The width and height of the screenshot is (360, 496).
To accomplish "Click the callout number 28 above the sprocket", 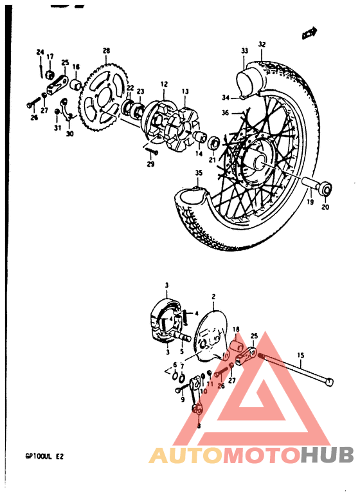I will pyautogui.click(x=106, y=50).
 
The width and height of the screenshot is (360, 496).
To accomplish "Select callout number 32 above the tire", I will pyautogui.click(x=262, y=44).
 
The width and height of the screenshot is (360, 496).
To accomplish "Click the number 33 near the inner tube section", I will pyautogui.click(x=244, y=50).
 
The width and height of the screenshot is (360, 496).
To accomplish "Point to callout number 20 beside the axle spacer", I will pyautogui.click(x=325, y=207).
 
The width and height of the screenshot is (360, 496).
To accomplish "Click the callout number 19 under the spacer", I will pyautogui.click(x=309, y=202).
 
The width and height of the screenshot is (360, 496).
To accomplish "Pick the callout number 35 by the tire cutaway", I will pyautogui.click(x=199, y=172).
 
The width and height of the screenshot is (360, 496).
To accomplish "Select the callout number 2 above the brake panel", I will pyautogui.click(x=213, y=297).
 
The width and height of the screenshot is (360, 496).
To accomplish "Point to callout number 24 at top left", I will pyautogui.click(x=40, y=51).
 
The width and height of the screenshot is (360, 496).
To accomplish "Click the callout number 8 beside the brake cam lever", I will pyautogui.click(x=199, y=426).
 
